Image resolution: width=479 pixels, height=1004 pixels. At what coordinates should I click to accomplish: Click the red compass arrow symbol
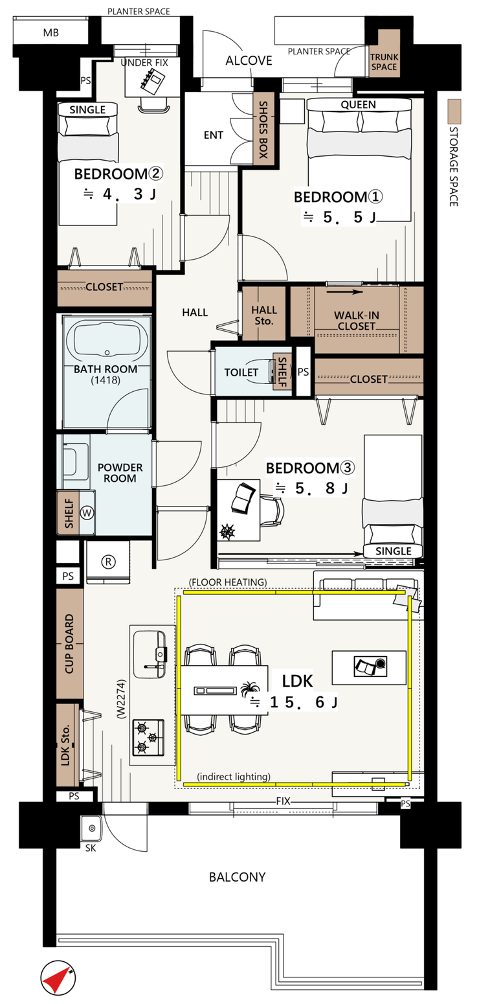[x=58, y=977]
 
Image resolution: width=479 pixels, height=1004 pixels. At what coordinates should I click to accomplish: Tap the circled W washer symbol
[x=87, y=512]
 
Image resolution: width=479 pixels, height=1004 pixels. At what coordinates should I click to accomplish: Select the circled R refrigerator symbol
[x=109, y=561]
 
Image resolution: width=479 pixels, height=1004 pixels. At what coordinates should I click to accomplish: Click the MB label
[x=51, y=33]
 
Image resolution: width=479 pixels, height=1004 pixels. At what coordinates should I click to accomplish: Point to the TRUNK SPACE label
[x=384, y=62]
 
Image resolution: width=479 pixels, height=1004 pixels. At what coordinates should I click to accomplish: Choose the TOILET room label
[x=241, y=372]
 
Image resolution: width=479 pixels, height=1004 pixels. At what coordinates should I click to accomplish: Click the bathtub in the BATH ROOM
[x=107, y=340]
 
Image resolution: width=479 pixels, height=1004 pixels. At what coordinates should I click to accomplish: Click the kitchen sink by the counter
[x=150, y=654]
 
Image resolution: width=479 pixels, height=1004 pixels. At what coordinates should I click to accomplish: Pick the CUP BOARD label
[x=69, y=644]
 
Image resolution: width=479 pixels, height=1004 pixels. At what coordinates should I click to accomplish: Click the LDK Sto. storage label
[x=66, y=745]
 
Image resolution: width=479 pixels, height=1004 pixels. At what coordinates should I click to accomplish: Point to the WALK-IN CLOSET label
[x=356, y=321]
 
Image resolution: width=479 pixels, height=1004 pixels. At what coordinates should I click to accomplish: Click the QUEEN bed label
[x=358, y=104]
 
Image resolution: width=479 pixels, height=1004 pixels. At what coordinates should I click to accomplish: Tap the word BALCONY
[x=237, y=876]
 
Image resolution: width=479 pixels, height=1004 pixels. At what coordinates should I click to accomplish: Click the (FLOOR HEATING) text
[x=228, y=582]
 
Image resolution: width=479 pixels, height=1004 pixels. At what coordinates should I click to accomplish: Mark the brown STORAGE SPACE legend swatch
[x=454, y=111]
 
